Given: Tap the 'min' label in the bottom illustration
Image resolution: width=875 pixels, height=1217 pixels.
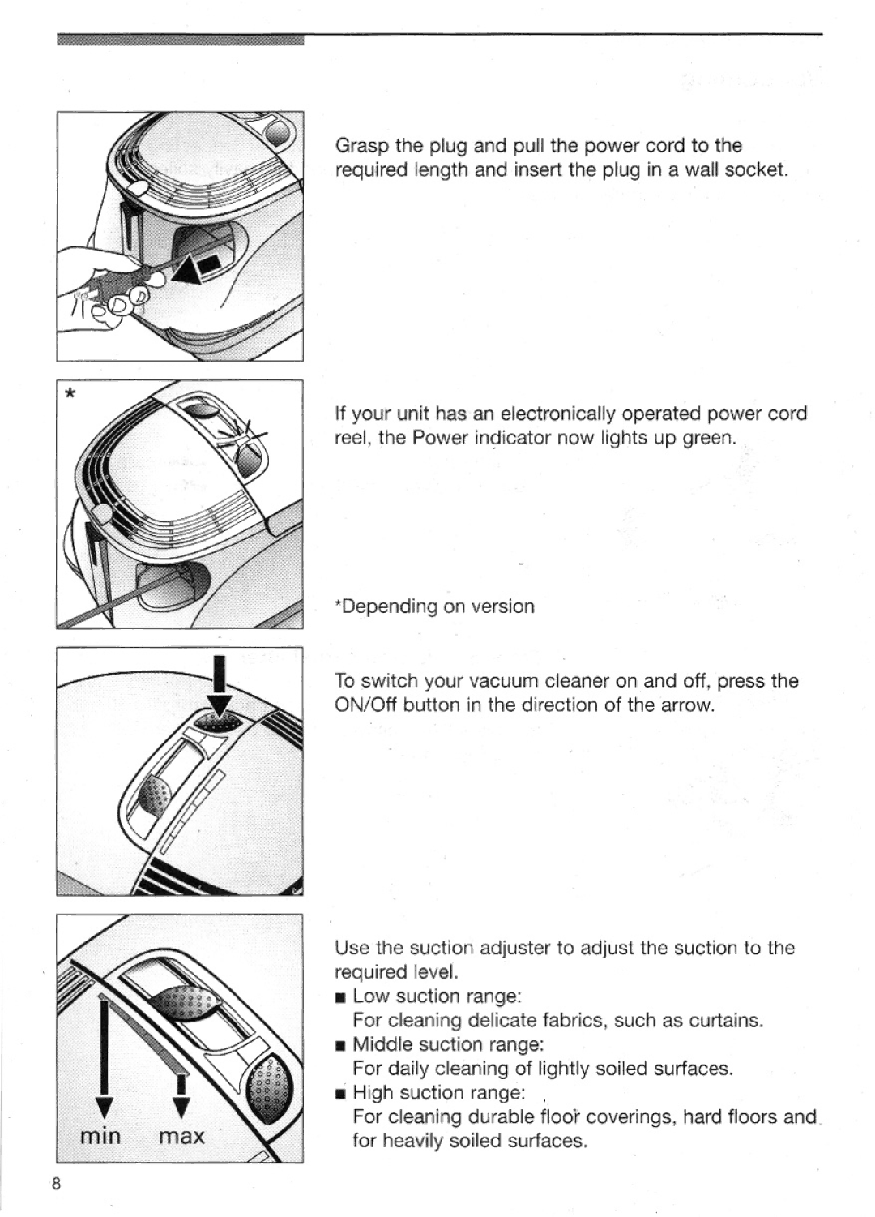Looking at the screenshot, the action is click(100, 1136).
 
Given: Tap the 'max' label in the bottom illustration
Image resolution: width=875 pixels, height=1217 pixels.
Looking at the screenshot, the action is click(181, 1136).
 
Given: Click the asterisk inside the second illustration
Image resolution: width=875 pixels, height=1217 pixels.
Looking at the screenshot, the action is click(70, 394).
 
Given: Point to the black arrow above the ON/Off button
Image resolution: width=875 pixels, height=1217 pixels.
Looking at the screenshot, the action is click(220, 688).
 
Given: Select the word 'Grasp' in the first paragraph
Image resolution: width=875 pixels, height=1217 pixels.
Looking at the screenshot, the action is click(362, 146).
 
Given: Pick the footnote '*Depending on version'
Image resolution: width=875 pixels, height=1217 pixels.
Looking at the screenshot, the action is click(435, 606).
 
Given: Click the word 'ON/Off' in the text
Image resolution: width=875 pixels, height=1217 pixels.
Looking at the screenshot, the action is click(366, 705).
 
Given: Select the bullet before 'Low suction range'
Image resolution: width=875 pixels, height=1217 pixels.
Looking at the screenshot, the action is click(340, 998).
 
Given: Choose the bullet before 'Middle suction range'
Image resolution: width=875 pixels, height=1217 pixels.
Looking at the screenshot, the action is click(340, 1046).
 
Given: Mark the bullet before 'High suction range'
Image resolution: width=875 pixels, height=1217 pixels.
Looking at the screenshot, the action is click(340, 1095).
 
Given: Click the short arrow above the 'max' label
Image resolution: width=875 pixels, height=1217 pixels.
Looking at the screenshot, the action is click(181, 1095).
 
